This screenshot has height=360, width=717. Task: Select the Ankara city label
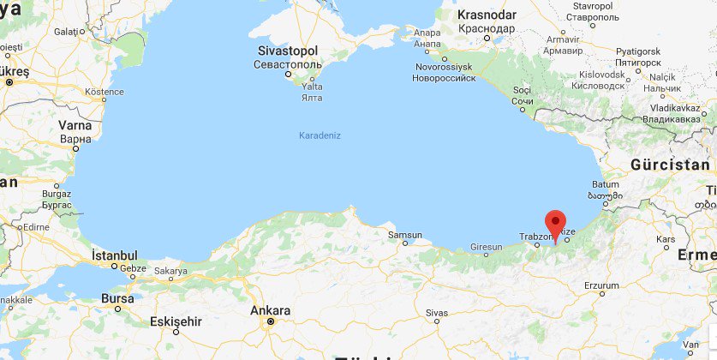point(270,310)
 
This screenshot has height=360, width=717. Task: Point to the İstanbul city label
point(115,255)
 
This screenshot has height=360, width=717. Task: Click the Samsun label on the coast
point(405,235)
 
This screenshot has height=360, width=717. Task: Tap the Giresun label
point(487,248)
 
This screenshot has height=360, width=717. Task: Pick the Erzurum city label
point(600,285)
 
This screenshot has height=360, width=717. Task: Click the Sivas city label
point(435,313)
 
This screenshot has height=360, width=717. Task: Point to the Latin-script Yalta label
point(313,87)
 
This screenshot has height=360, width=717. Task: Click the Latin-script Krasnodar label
point(487,15)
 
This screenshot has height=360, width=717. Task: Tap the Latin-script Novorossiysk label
point(444,66)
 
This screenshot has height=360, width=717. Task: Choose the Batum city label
point(605,184)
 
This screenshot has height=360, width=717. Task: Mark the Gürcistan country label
point(670,165)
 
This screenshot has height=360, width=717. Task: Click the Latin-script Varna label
point(75,125)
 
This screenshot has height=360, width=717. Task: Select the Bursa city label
point(117,298)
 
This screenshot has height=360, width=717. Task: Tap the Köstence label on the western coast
point(105,91)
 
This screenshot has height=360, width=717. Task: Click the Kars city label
point(665,237)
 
